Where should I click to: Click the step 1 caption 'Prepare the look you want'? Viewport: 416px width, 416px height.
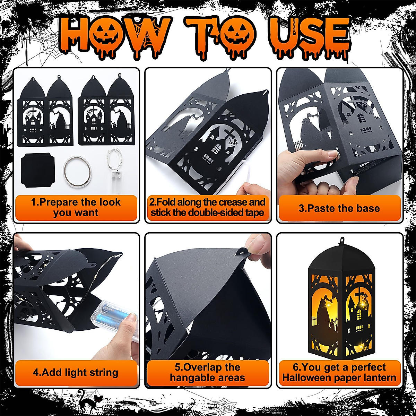click(76, 207)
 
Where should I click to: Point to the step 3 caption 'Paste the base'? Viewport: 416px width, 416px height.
click(339, 208)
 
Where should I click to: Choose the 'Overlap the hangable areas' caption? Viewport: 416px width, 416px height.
click(208, 373)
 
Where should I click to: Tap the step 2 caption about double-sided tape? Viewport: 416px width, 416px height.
click(208, 207)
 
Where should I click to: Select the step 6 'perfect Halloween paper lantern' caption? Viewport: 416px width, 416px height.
click(339, 373)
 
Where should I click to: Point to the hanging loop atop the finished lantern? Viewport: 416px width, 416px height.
click(342, 240)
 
